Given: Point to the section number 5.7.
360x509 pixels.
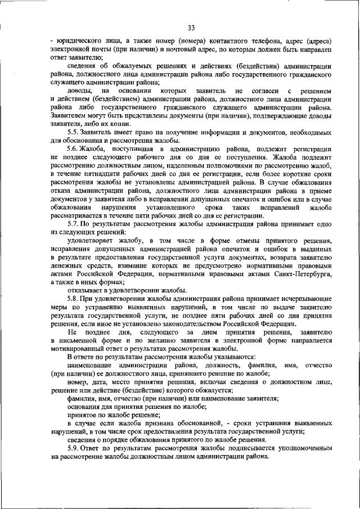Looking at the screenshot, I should click(x=74, y=224).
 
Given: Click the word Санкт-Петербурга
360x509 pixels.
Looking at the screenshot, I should click(x=301, y=274).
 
